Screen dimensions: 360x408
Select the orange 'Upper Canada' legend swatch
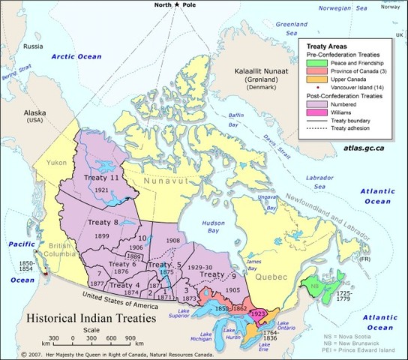[x=315, y=79]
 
